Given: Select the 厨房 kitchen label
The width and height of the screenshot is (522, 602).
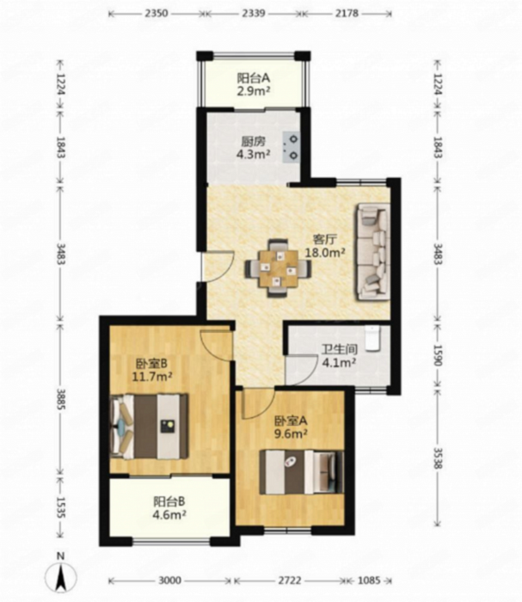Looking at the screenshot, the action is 254,141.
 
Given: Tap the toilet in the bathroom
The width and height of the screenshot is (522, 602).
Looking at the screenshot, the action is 372,338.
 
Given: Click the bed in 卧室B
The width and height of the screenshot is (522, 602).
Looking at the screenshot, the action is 150,426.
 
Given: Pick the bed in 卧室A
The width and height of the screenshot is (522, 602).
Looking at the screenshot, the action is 302,472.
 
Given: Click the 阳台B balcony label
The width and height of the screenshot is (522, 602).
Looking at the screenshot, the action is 169,501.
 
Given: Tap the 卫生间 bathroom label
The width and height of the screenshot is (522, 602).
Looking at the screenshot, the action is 340,349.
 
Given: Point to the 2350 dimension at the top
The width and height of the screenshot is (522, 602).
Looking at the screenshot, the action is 157,13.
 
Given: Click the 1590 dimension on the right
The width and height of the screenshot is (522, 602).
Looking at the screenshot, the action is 439,355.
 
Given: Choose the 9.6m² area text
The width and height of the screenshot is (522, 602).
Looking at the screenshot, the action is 291,433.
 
